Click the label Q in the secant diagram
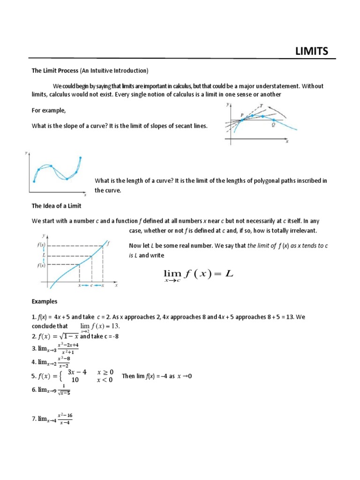pos(273,125)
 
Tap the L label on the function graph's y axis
pos(43,256)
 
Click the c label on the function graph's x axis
pos(91,285)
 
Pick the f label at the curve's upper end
pos(108,243)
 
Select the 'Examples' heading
pos(45,301)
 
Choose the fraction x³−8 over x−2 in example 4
pos(64,362)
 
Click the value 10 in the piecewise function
pos(75,380)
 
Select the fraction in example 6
pos(63,390)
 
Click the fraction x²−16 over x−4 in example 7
pos(65,419)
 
